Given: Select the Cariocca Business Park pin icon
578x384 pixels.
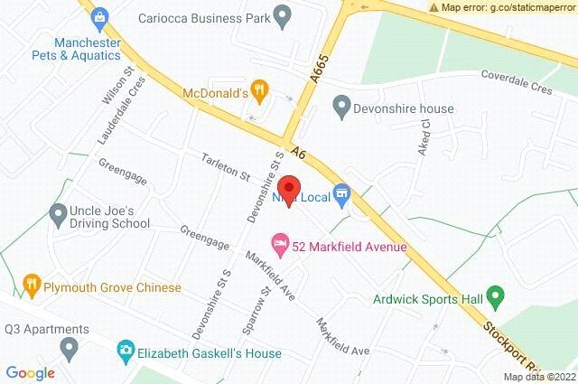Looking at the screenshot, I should [x=283, y=15].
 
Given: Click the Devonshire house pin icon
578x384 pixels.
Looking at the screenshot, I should [x=341, y=108].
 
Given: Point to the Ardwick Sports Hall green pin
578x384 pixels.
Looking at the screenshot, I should [x=494, y=295].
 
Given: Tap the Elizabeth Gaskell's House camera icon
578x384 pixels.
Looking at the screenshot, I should [x=127, y=350].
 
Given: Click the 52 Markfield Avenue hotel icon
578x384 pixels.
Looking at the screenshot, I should [x=280, y=243].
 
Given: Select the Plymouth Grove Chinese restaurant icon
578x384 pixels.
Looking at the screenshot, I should [x=32, y=286].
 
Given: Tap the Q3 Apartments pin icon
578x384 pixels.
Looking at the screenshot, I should [x=68, y=346].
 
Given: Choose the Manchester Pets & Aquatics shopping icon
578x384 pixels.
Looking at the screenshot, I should [x=98, y=16].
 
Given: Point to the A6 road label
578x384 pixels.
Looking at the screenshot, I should [x=299, y=155].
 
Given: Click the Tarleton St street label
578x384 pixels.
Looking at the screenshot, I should [x=226, y=164].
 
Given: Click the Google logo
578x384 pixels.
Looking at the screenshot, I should [x=31, y=372].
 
